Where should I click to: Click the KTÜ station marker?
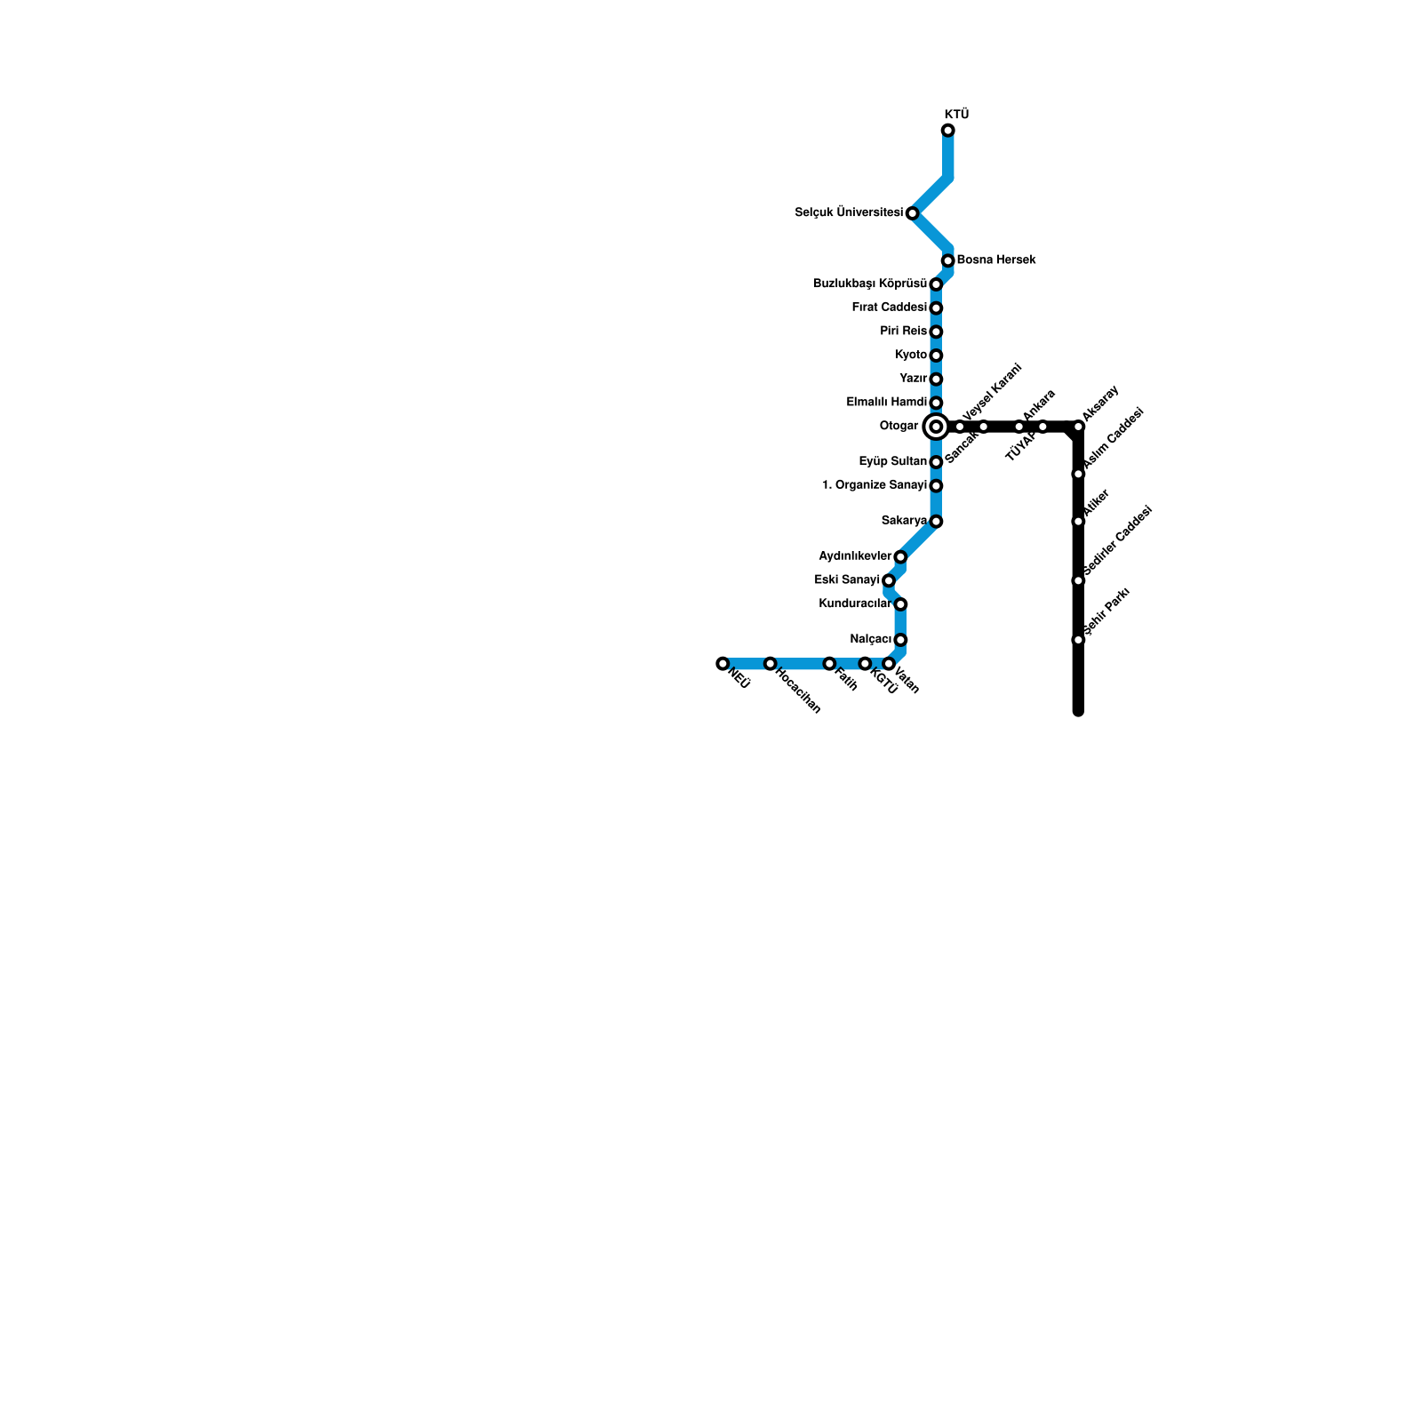pos(947,132)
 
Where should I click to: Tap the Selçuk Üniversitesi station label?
pos(849,213)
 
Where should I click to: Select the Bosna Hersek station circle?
pos(947,260)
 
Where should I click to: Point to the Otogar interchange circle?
pos(935,427)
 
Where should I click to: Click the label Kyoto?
pos(911,355)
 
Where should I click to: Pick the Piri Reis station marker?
pos(935,332)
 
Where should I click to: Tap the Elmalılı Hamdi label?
pos(886,403)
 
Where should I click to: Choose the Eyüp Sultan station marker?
pos(935,462)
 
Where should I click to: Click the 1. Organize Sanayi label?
pos(875,485)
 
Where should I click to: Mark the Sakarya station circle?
pos(935,522)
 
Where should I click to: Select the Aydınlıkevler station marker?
pos(899,557)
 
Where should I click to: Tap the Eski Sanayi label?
pos(846,580)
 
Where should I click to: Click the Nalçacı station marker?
pos(899,640)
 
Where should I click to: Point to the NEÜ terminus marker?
pos(723,664)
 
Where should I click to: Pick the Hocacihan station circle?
pos(770,664)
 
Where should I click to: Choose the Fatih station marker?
pos(828,664)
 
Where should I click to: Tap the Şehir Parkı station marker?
pos(1078,640)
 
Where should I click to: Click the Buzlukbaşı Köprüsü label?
pos(870,284)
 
